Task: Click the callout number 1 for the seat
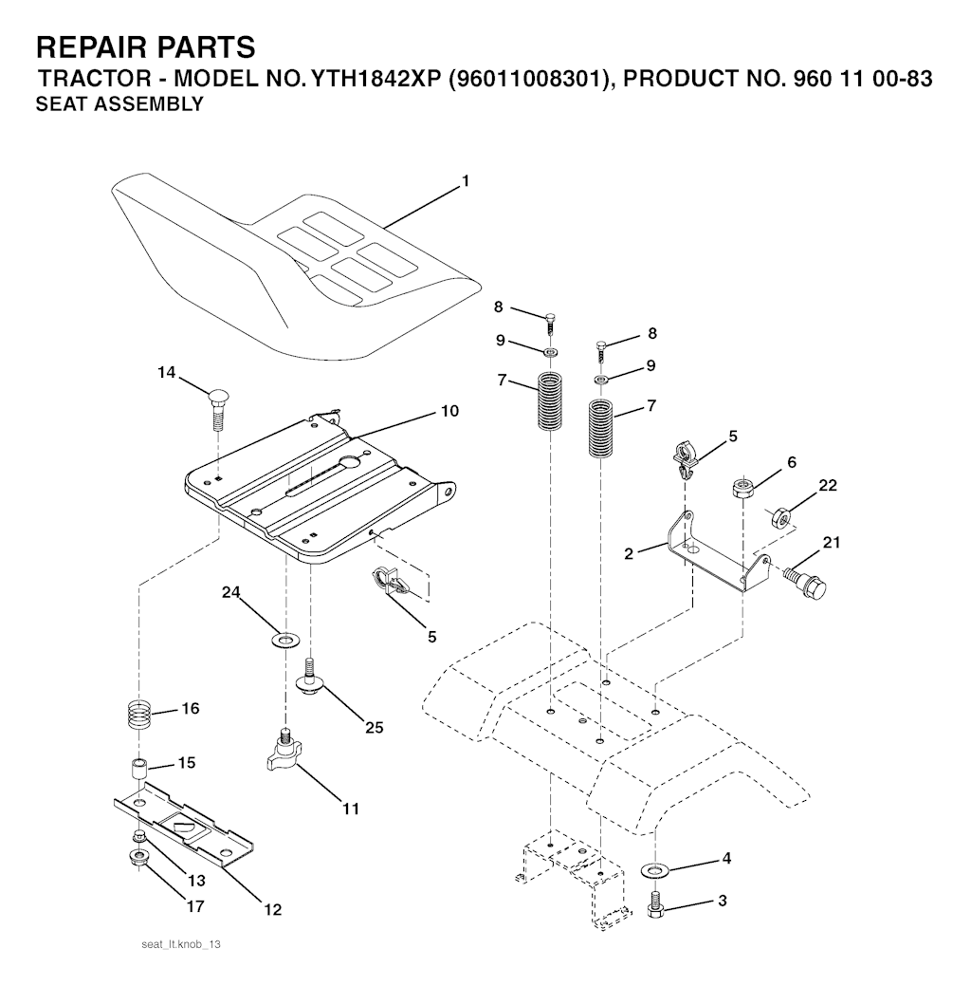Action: tap(466, 180)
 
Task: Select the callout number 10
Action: tap(449, 411)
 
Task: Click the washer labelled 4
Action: tap(653, 869)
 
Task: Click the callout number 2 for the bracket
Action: tap(629, 553)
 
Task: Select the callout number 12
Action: tap(272, 910)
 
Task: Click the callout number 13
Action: tap(195, 881)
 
